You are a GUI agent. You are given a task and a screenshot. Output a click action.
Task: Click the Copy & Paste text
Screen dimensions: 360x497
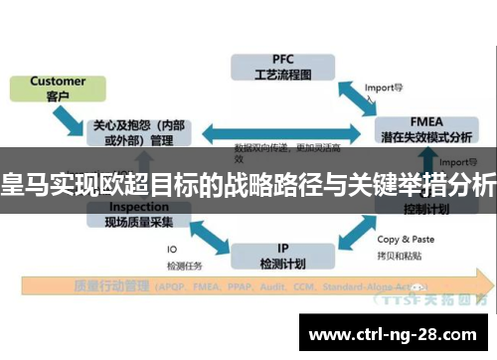405,239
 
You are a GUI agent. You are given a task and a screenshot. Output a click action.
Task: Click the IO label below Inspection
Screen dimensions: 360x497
172,249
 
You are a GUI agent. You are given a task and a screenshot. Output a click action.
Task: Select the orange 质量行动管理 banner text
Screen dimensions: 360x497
109,286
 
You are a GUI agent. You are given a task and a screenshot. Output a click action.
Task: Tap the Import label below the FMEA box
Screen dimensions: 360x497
453,161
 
